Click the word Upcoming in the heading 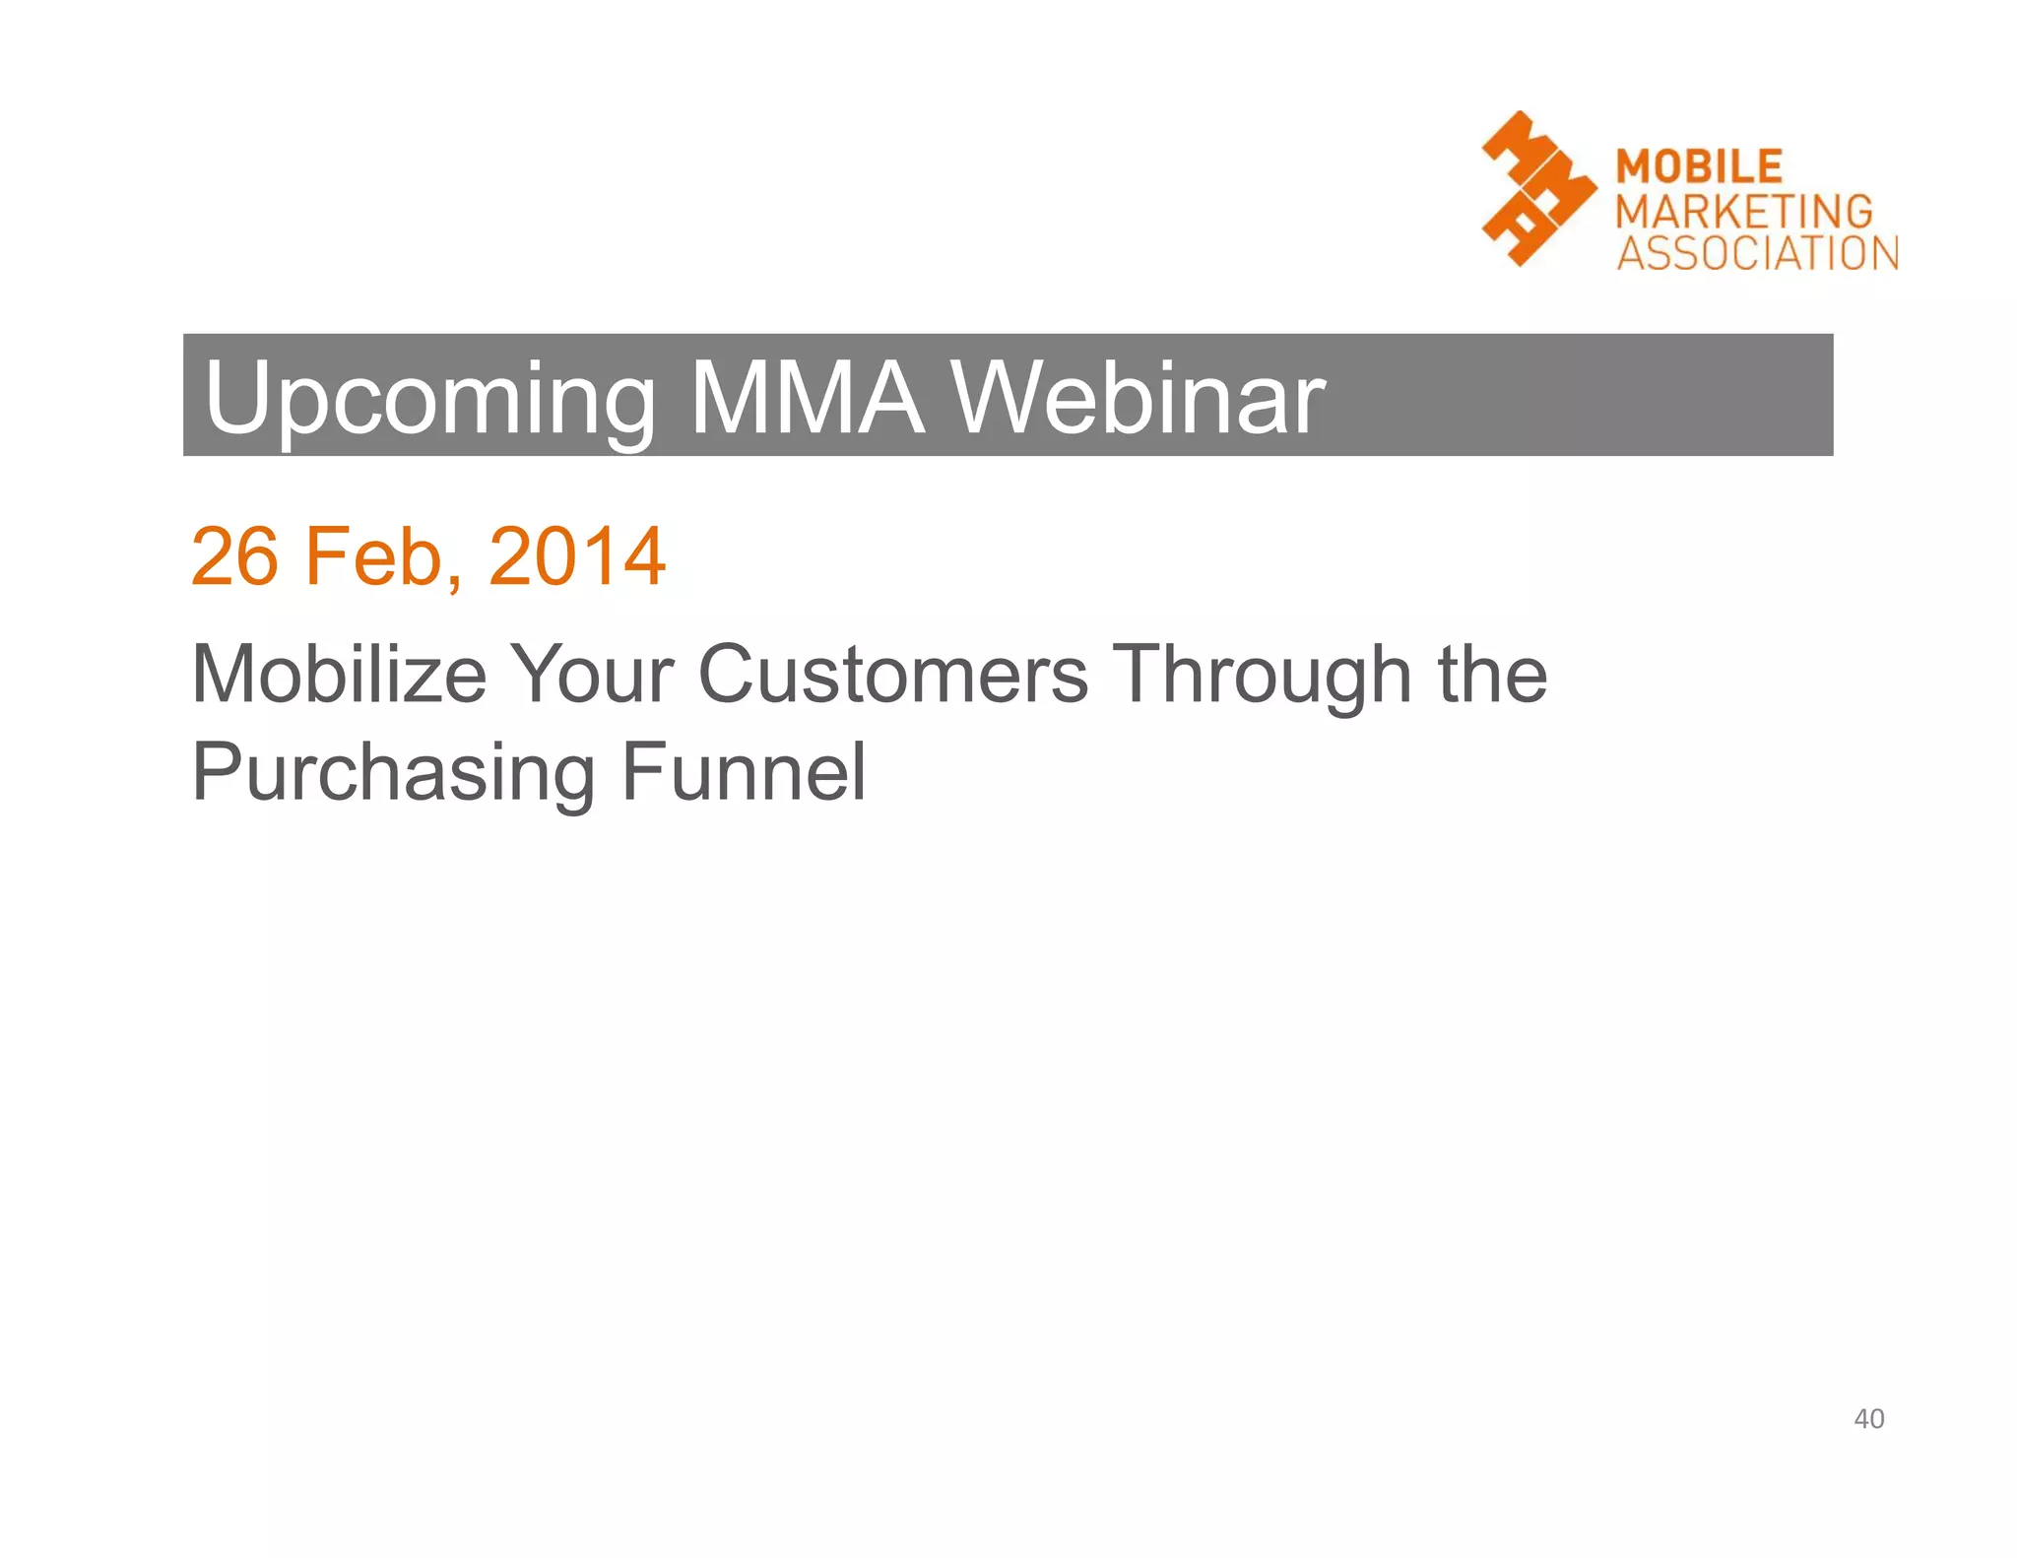point(429,399)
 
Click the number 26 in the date point(234,556)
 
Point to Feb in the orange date point(374,556)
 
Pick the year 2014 point(577,556)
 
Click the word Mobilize point(339,675)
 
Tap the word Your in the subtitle point(593,675)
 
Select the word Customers point(892,675)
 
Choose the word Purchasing point(393,774)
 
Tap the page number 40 point(1868,1418)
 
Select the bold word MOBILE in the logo point(1699,166)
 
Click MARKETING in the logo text point(1744,211)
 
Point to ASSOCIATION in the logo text point(1757,253)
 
